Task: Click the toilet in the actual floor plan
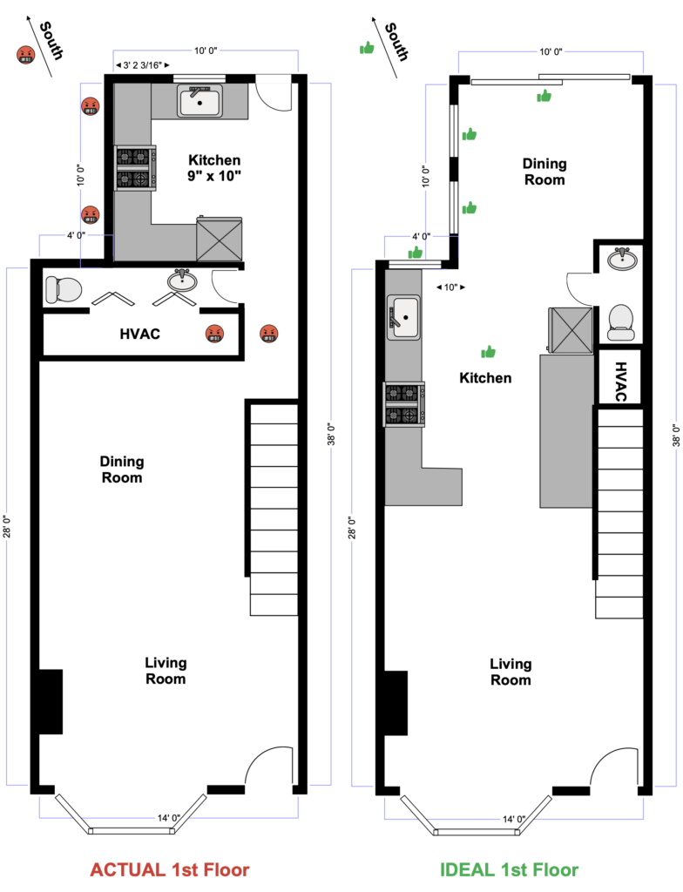click(64, 289)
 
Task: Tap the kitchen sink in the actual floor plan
click(199, 101)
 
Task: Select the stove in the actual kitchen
click(135, 168)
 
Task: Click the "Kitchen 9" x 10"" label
click(214, 168)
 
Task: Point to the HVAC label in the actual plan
click(140, 334)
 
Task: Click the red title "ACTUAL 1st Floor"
click(170, 870)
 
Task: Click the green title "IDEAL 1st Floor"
click(509, 870)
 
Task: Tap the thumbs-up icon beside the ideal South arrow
click(367, 49)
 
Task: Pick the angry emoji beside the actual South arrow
click(25, 55)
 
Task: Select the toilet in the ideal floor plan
click(621, 322)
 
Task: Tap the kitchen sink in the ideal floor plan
click(403, 317)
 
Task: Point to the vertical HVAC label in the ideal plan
click(620, 382)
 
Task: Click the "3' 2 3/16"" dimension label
click(142, 65)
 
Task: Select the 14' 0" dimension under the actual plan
click(169, 818)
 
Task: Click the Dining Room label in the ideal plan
click(544, 172)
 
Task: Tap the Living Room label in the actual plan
click(166, 671)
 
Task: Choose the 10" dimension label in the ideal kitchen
click(450, 287)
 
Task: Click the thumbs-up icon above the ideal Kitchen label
click(489, 352)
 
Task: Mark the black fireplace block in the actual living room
click(50, 701)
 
